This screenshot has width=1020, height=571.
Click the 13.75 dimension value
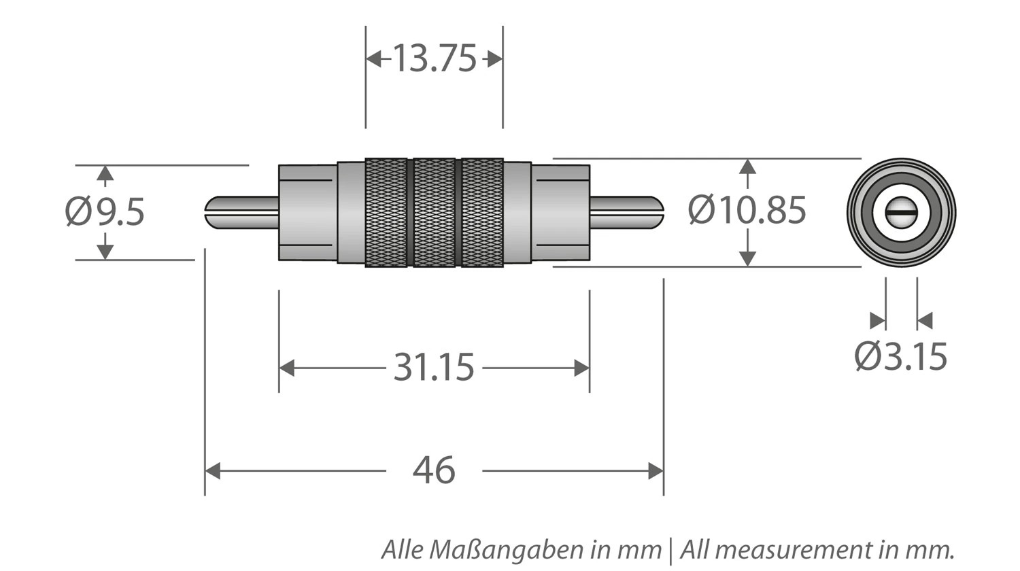pos(434,58)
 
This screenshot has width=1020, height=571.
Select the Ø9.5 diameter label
pos(105,212)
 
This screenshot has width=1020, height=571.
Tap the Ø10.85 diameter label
pos(747,210)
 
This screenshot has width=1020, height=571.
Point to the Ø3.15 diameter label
pos(900,356)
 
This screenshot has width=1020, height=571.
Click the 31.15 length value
pos(434,368)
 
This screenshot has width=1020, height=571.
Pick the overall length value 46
pos(434,470)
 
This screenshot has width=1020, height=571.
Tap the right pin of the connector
pos(626,212)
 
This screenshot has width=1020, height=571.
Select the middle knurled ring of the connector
pos(434,212)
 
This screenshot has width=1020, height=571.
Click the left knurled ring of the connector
pos(386,212)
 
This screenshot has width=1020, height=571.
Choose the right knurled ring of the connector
pos(482,212)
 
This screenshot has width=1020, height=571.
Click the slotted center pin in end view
pos(901,212)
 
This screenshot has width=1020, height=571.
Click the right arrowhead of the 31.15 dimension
pos(581,368)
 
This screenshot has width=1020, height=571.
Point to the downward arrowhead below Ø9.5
pos(105,251)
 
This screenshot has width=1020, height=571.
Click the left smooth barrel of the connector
pos(307,212)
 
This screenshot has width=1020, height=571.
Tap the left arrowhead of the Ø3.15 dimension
pos(878,321)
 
